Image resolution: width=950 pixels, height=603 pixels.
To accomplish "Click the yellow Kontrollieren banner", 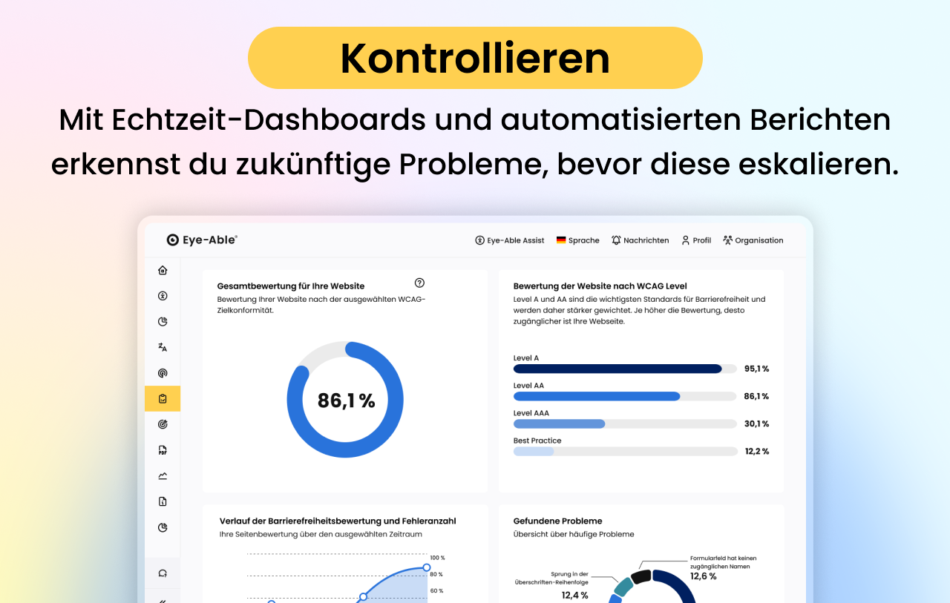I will coord(475,58).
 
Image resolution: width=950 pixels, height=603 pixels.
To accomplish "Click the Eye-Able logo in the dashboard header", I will coord(202,240).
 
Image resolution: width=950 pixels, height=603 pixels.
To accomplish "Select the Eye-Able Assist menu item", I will coord(510,240).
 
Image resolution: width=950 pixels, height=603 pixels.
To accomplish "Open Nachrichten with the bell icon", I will coord(640,240).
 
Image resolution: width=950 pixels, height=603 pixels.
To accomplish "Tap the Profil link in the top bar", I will coord(696,240).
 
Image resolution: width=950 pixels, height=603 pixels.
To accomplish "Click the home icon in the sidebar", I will coord(163,270).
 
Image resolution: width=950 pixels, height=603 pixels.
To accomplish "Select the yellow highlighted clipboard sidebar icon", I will coord(163,399).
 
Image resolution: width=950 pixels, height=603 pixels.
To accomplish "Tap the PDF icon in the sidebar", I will coord(163,450).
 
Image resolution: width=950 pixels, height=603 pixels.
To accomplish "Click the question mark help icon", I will coord(419,283).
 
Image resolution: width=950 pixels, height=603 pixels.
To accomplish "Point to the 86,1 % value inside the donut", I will coord(346,401).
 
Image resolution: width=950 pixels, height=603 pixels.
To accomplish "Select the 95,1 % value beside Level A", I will coord(756,369).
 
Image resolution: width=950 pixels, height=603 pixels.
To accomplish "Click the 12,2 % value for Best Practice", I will coord(756,451).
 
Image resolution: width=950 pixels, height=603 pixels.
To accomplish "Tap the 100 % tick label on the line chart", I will coord(437,558).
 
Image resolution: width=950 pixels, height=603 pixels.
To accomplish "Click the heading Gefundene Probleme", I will coord(557,521).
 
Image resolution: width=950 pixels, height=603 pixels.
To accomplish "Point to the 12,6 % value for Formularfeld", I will coord(703,576).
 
